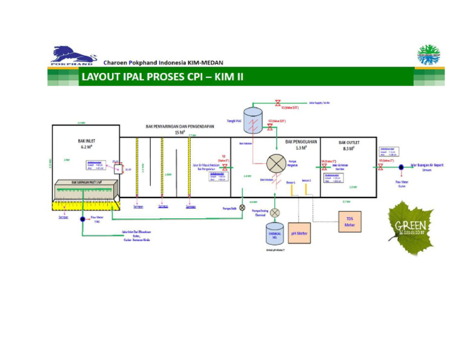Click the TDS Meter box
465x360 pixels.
349,222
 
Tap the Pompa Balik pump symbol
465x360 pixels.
243,207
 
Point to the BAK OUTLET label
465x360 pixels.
349,145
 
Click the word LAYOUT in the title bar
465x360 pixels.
102,78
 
